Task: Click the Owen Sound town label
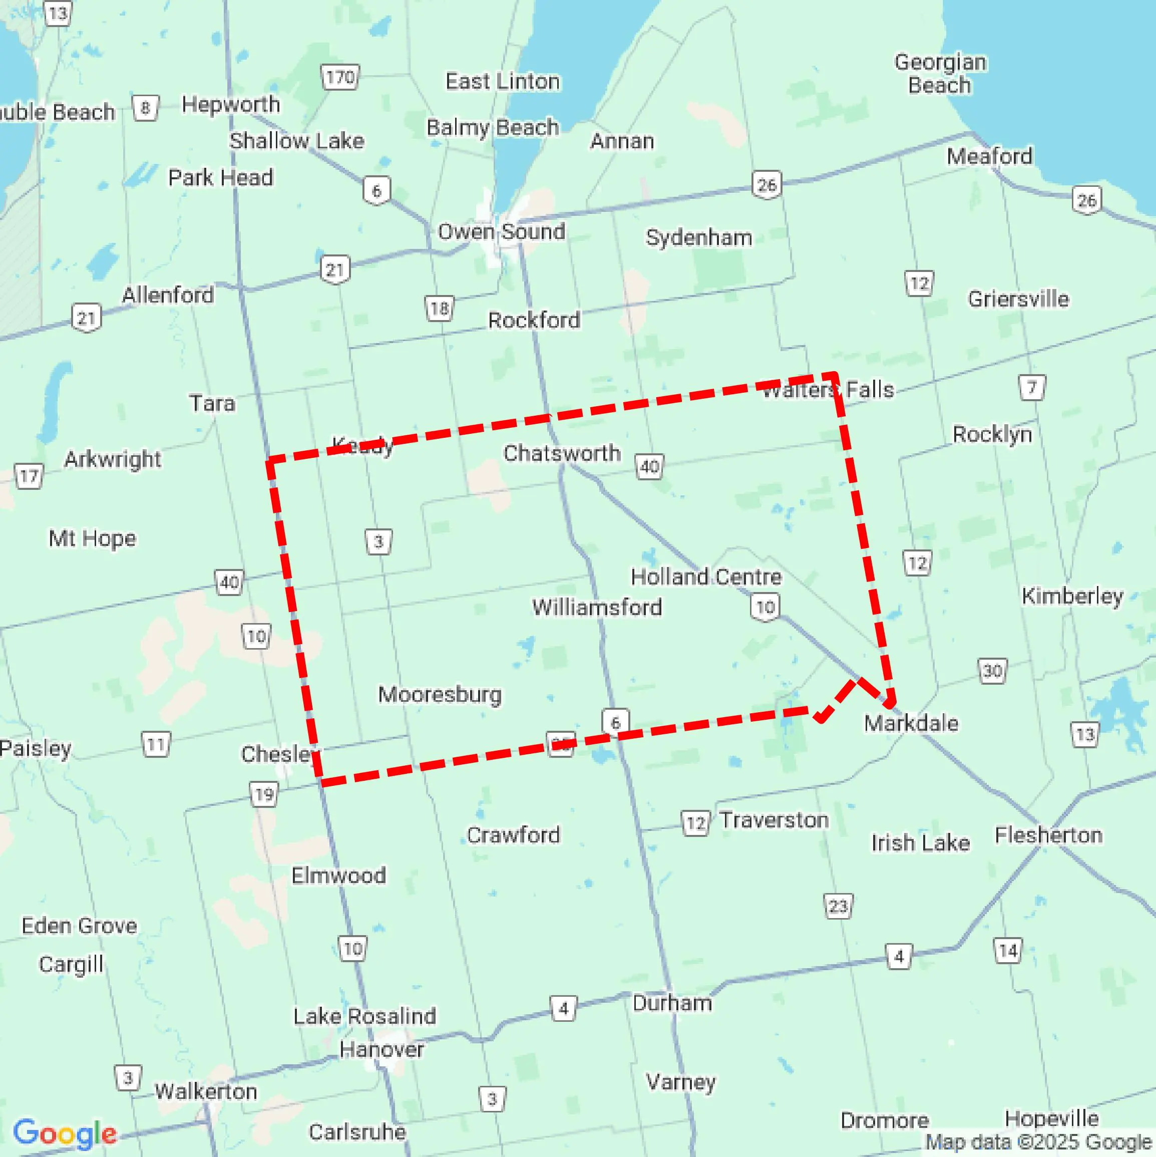click(501, 232)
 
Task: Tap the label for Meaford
click(989, 156)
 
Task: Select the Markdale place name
click(911, 723)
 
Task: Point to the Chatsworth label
click(562, 453)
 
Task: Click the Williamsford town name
click(597, 607)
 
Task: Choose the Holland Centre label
click(706, 576)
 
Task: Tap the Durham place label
click(672, 1003)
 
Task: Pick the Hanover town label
click(381, 1049)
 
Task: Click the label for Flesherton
click(1048, 835)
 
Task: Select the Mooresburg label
click(440, 694)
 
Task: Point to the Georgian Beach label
click(940, 74)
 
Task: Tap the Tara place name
click(212, 403)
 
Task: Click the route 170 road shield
click(340, 77)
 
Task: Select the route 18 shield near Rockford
click(440, 309)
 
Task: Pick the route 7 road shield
click(1031, 388)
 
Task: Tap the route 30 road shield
click(992, 671)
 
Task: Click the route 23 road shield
click(838, 906)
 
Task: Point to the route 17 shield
click(28, 477)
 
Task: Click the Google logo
click(65, 1133)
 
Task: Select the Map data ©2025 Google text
click(1039, 1142)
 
